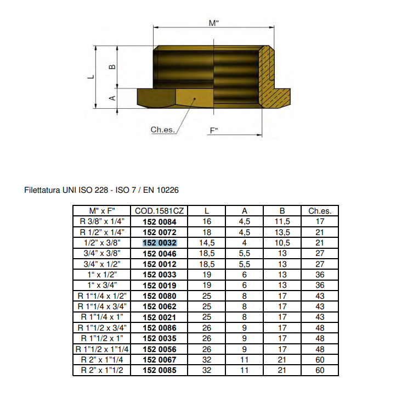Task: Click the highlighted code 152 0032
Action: (x=159, y=242)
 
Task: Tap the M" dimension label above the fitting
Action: (x=213, y=23)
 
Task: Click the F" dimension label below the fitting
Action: (x=213, y=131)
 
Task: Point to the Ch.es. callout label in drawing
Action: (x=162, y=130)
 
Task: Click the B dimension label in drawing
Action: (x=112, y=66)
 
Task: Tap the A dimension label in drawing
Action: (x=112, y=98)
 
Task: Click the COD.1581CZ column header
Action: (x=159, y=211)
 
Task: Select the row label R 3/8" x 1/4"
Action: (x=101, y=221)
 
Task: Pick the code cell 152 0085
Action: (x=159, y=370)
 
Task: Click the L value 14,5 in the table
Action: (x=207, y=242)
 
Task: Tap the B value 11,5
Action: (x=282, y=221)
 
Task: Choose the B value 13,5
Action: (x=282, y=232)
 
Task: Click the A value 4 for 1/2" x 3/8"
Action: (x=245, y=242)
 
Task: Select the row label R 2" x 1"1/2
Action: (x=101, y=370)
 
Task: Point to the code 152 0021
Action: (x=159, y=317)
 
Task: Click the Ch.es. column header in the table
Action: (x=320, y=211)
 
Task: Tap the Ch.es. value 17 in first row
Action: (x=320, y=221)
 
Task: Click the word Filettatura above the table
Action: (x=43, y=190)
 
